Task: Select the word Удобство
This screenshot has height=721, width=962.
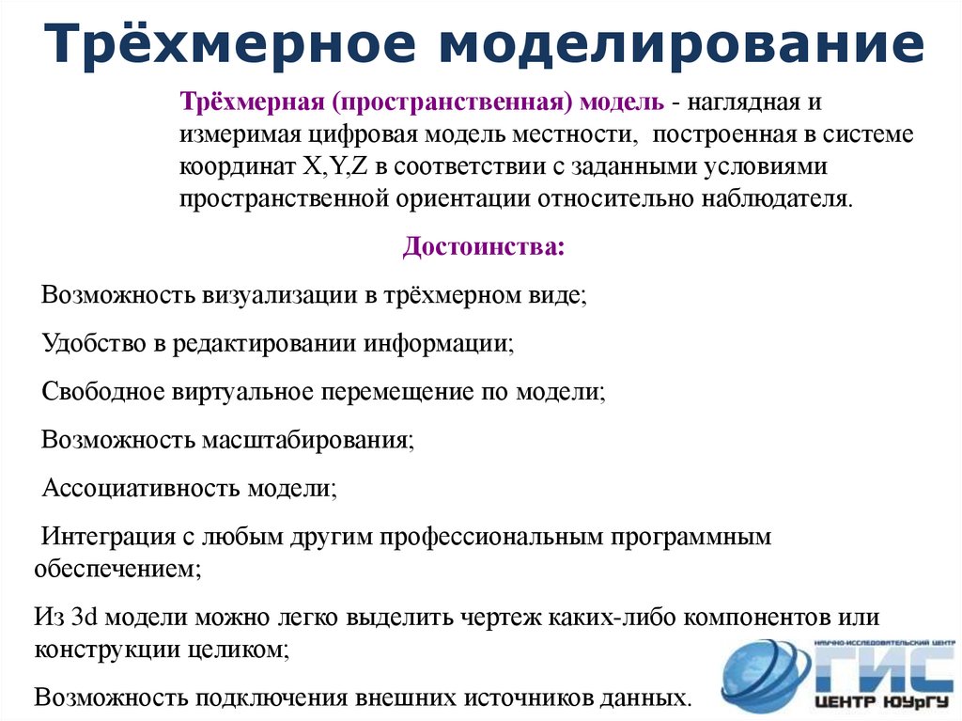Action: pyautogui.click(x=92, y=343)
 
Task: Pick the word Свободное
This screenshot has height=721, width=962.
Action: pyautogui.click(x=102, y=392)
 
